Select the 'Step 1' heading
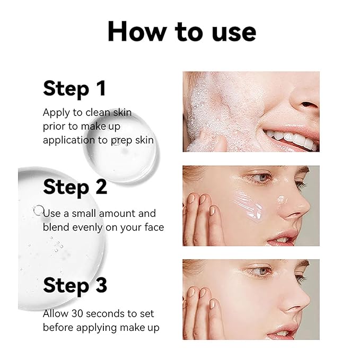(75, 89)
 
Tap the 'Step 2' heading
(75, 187)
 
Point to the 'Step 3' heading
(75, 286)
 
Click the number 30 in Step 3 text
(77, 314)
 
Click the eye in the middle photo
(261, 178)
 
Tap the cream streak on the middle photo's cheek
(248, 205)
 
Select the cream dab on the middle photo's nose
(282, 199)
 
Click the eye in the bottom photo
(261, 271)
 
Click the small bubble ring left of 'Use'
(38, 210)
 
